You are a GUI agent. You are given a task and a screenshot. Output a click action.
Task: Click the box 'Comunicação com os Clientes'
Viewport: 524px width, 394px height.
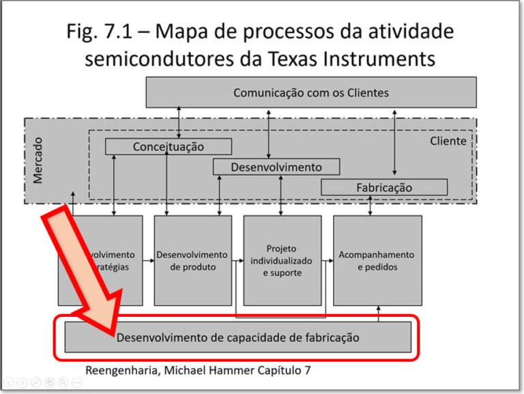(311, 92)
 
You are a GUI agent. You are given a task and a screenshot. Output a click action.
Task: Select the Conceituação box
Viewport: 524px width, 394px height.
(168, 147)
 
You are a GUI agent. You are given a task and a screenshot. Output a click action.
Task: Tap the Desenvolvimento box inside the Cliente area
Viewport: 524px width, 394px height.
(276, 167)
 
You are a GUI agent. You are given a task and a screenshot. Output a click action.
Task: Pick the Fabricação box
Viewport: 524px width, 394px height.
(384, 187)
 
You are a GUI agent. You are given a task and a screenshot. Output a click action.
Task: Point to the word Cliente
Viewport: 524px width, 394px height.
(448, 141)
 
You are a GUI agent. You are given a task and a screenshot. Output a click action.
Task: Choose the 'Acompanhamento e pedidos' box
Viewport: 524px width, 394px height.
(376, 260)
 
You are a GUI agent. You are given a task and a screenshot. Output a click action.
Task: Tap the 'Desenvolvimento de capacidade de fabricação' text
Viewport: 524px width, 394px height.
(237, 337)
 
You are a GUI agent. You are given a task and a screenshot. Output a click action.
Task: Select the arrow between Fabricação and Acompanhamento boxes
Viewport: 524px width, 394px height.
(370, 205)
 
